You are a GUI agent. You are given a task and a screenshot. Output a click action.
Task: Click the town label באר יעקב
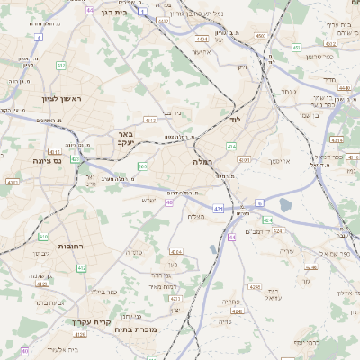click(125, 139)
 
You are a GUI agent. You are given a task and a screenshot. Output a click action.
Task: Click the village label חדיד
click(328, 80)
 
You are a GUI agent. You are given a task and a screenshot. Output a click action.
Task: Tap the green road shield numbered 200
click(142, 166)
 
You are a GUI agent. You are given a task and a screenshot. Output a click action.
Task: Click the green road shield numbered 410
click(43, 237)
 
